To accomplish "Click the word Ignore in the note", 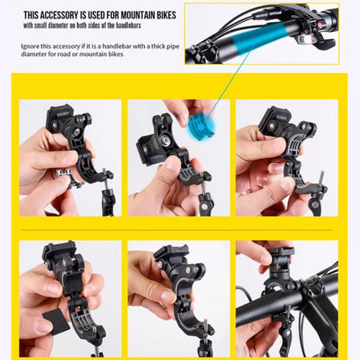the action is [x=30, y=47].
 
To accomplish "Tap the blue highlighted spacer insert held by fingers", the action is [x=202, y=125].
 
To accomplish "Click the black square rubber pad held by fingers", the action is [x=56, y=320].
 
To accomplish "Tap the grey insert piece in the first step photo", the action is [x=67, y=177].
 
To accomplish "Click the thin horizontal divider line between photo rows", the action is [x=177, y=230].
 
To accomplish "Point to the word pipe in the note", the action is [x=173, y=47].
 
